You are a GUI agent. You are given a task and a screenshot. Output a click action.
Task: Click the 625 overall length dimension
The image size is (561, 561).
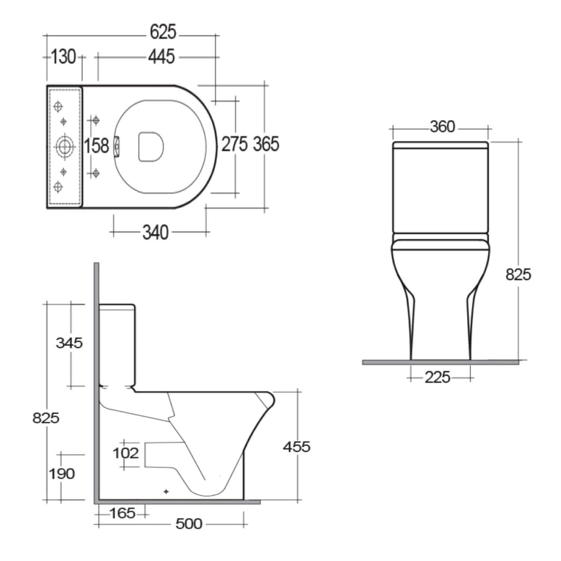[x=163, y=32]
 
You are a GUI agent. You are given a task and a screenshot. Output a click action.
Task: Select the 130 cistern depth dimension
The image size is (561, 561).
[x=63, y=57]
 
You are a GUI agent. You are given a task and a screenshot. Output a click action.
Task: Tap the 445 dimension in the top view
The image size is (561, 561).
[x=161, y=57]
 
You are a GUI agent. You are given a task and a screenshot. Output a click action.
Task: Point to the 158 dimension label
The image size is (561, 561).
[x=96, y=145]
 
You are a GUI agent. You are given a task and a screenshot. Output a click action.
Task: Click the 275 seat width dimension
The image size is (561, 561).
[x=234, y=144]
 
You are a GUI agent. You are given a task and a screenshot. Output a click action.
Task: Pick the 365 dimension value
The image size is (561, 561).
[x=266, y=144]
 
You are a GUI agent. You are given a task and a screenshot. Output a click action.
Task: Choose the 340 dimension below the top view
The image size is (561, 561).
[x=156, y=233]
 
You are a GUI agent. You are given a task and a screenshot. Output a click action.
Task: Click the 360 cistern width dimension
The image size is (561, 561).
[x=442, y=127]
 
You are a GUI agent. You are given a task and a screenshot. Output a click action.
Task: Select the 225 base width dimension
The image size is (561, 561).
[x=437, y=377]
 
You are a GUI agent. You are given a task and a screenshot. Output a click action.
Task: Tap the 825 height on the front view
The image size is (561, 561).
[x=518, y=275]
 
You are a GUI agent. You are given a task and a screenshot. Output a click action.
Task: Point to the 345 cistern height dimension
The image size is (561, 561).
[x=69, y=343]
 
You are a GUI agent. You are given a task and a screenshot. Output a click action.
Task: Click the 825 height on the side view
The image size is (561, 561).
[x=46, y=417]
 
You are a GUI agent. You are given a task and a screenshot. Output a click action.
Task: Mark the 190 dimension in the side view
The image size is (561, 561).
[x=62, y=474]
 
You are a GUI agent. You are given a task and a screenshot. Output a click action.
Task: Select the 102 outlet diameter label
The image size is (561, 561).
[x=126, y=453]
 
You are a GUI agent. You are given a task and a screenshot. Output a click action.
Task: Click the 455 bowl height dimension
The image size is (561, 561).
[x=297, y=447]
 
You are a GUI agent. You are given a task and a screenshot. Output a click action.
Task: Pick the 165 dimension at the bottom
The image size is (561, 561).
[x=123, y=513]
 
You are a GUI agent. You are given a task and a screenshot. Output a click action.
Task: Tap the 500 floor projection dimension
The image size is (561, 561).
[x=189, y=524]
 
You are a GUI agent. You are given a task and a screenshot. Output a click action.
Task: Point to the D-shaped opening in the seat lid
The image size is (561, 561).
[x=151, y=147]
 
